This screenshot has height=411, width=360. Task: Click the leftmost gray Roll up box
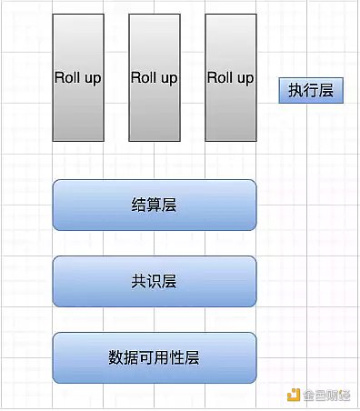78,78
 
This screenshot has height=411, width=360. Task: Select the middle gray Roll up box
155,78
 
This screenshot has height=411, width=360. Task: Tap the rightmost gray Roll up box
231,78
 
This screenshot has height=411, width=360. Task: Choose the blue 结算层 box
154,205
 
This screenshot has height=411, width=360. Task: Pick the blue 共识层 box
154,281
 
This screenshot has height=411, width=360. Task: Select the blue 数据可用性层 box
154,357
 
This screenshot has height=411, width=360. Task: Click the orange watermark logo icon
292,394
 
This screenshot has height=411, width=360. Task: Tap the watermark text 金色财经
328,394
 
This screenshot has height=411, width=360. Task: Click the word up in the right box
245,78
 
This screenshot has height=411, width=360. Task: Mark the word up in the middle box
168,78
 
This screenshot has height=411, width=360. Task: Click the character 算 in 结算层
154,205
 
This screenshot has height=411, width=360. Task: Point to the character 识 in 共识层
154,281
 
